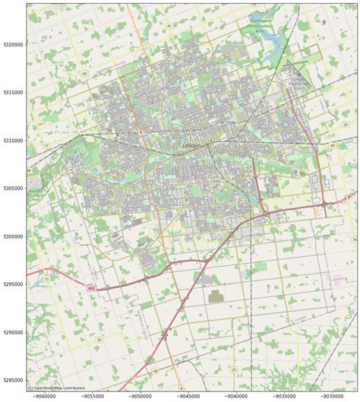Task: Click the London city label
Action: point(191,144)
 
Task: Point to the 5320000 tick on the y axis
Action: point(13,45)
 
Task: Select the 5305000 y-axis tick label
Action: point(13,188)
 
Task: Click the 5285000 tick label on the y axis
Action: point(13,380)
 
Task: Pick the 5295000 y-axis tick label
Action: point(13,284)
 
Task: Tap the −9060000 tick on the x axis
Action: point(44,395)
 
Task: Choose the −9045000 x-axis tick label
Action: point(189,395)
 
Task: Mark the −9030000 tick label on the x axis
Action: point(333,395)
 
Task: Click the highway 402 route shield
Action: point(92,288)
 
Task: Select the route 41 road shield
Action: point(169,25)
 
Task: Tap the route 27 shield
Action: point(327,74)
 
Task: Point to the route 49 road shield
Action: point(332,144)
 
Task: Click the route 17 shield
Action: point(46,145)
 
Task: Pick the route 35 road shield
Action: point(99,340)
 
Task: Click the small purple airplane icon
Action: point(324,22)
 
